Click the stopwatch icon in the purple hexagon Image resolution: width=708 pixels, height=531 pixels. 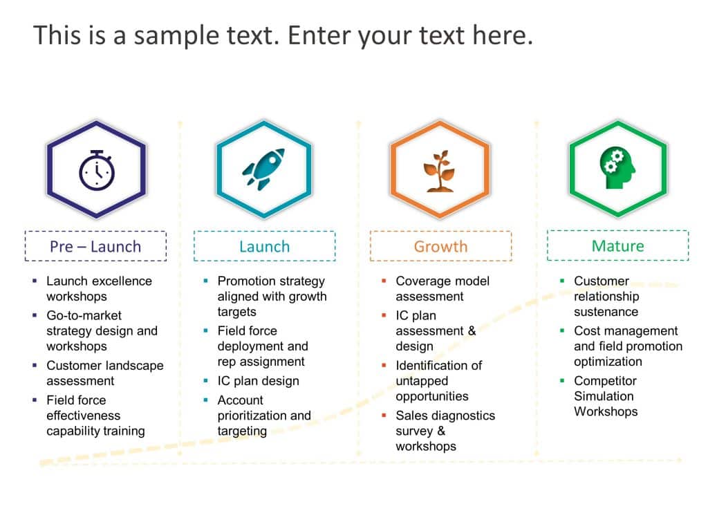[x=96, y=170]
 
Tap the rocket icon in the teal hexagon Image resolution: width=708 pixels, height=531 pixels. [x=263, y=169]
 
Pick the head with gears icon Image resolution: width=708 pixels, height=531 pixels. [x=617, y=168]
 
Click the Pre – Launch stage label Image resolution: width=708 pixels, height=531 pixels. [x=95, y=246]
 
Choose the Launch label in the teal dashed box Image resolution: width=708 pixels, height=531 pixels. [x=264, y=246]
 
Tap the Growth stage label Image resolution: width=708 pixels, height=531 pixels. [x=440, y=246]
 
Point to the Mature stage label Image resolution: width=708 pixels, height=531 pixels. [x=617, y=245]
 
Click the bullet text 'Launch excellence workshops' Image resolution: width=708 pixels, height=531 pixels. [x=99, y=288]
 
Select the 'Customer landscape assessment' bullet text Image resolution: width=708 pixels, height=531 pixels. [x=104, y=373]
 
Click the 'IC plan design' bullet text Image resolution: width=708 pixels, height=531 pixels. [x=258, y=380]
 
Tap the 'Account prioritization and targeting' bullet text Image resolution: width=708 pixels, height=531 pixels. [x=264, y=415]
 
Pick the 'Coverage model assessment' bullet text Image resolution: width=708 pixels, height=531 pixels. [x=442, y=288]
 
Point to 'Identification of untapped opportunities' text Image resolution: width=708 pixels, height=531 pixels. [x=438, y=380]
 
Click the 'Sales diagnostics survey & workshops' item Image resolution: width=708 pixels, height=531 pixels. [x=445, y=430]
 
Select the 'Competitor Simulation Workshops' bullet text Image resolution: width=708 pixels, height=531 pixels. [x=605, y=395]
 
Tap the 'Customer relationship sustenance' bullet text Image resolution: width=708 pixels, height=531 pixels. [x=606, y=296]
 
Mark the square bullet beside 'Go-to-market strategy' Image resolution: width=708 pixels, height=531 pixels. [x=35, y=315]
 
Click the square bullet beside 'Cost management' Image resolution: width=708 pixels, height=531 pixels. [x=562, y=330]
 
